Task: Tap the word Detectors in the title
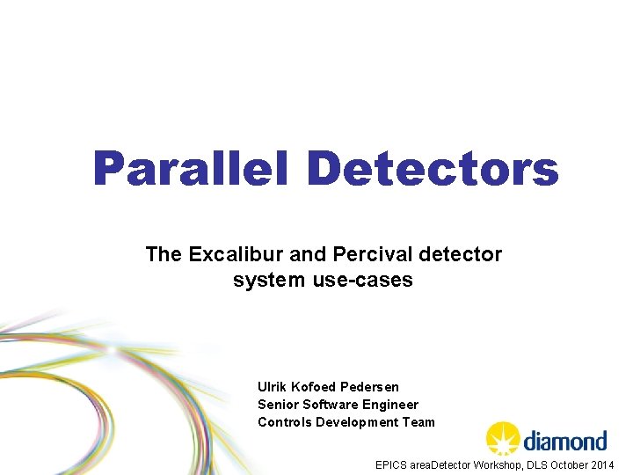pyautogui.click(x=433, y=169)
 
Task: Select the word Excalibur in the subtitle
pyautogui.click(x=233, y=255)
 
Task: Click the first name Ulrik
pyautogui.click(x=272, y=387)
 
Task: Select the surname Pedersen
pyautogui.click(x=369, y=387)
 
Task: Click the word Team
pyautogui.click(x=418, y=422)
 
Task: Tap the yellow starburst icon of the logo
pyautogui.click(x=504, y=438)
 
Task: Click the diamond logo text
pyautogui.click(x=565, y=440)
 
